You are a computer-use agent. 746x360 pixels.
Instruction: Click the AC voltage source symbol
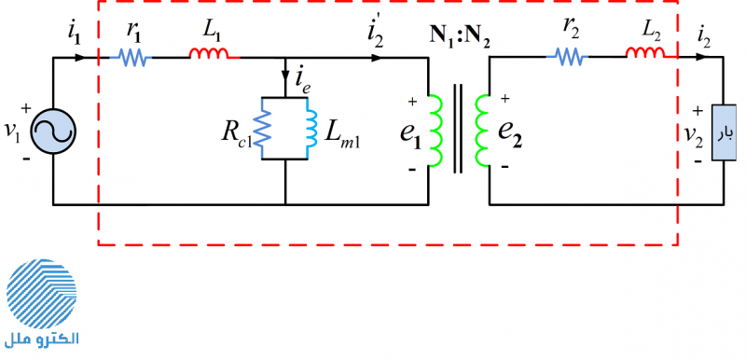coord(53,132)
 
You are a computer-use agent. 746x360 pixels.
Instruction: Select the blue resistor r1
coord(131,58)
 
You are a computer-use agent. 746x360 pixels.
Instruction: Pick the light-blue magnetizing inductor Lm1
coord(311,129)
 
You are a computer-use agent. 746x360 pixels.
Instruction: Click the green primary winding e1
coord(435,131)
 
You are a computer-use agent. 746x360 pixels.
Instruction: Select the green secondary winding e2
coord(482,131)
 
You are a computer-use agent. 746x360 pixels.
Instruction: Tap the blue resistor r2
coord(567,58)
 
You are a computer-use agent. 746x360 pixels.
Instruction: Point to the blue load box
coord(724,132)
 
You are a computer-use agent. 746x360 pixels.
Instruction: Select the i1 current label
coord(74,35)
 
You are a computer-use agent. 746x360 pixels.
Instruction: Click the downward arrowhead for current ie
coord(286,77)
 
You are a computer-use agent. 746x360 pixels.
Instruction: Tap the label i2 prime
coord(376,34)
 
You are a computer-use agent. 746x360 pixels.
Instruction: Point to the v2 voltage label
coord(693,134)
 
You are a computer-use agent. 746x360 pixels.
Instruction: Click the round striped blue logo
coord(41,294)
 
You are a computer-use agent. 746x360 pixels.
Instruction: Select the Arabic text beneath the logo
coord(41,339)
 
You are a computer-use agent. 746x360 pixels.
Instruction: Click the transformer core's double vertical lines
coord(458,129)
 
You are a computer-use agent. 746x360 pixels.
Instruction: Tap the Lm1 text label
coord(342,136)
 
